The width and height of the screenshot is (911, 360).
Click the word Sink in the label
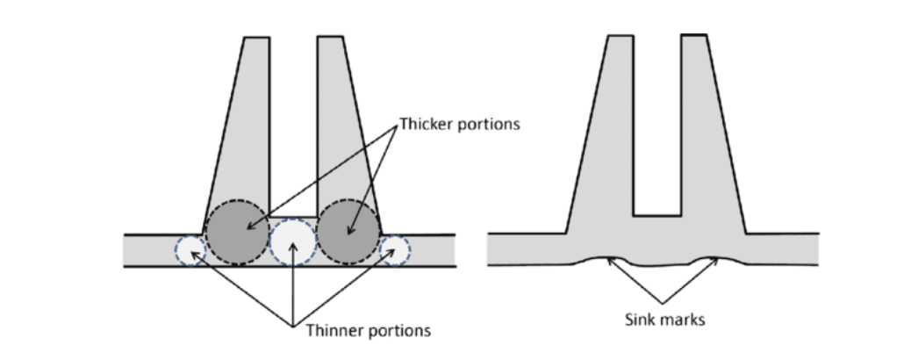pos(635,320)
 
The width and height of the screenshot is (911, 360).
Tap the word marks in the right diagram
pos(679,320)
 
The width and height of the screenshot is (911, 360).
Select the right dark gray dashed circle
pos(348,234)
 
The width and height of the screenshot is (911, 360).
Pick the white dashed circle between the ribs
pos(293,242)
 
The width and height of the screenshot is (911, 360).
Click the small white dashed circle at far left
pos(190,250)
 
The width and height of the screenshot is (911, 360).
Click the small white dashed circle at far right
pos(394,250)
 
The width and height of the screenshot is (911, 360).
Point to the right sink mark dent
pos(707,260)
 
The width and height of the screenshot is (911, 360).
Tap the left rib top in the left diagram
pos(256,39)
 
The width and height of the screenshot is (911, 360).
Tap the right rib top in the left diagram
pos(329,39)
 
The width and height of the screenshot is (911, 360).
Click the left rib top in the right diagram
pos(620,37)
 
